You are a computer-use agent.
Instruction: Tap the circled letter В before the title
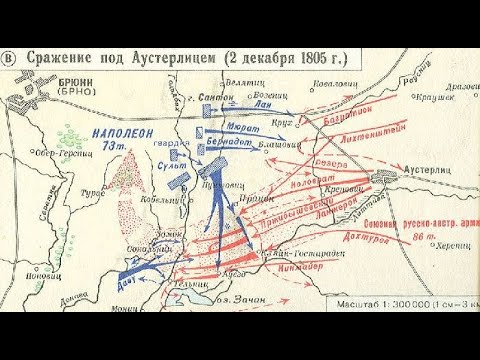click(x=11, y=58)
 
